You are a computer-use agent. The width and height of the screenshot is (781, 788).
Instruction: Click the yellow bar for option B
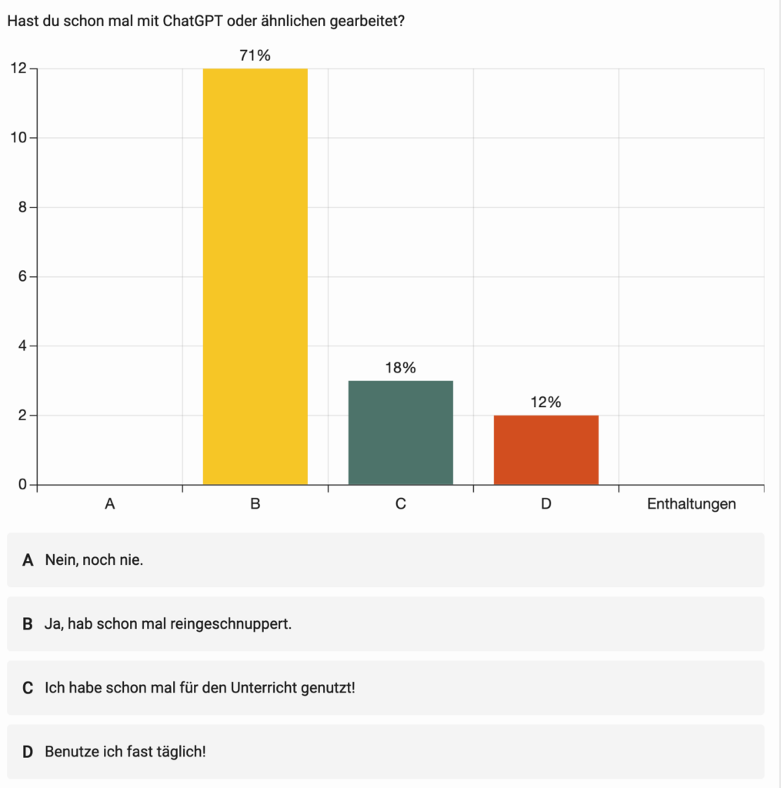(x=255, y=277)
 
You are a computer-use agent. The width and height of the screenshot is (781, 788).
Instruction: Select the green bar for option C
(x=400, y=432)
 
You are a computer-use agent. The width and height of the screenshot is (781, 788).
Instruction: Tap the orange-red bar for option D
(x=546, y=450)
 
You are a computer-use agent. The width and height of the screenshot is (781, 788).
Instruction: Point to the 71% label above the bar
(x=255, y=55)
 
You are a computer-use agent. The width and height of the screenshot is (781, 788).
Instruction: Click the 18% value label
(x=400, y=368)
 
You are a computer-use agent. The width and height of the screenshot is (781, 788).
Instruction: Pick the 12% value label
(x=546, y=402)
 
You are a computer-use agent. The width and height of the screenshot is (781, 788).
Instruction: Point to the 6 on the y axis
(x=22, y=277)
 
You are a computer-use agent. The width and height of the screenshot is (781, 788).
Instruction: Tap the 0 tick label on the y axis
(x=22, y=485)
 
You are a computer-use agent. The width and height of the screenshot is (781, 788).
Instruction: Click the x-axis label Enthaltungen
(x=691, y=505)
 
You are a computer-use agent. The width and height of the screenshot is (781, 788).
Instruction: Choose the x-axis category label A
(x=110, y=505)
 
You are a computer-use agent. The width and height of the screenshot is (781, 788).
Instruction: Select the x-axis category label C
(x=400, y=505)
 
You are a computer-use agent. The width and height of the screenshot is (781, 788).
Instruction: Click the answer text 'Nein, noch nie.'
(x=94, y=559)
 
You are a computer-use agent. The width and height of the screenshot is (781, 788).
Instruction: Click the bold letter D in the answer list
(x=28, y=751)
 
